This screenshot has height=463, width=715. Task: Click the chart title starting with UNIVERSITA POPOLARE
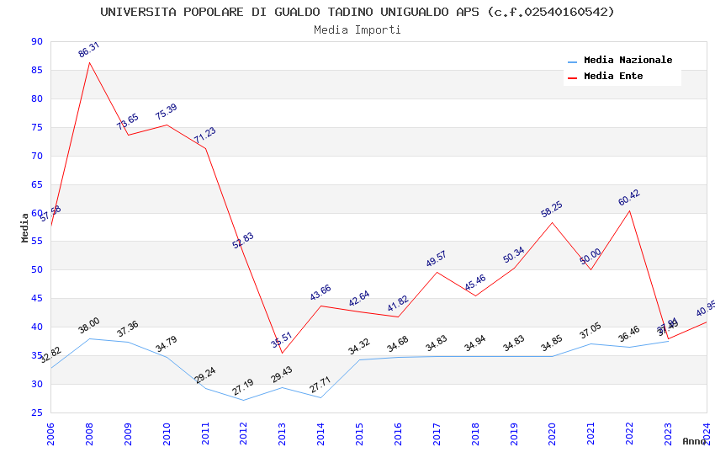click(357, 12)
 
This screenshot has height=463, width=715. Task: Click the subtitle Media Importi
click(357, 29)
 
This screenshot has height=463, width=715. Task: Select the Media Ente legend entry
click(613, 77)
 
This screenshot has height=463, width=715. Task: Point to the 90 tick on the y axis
click(35, 42)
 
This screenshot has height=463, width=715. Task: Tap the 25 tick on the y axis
click(35, 412)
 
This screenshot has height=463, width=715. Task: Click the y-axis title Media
click(25, 227)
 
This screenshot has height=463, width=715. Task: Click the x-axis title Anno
click(694, 441)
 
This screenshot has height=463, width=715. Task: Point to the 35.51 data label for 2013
click(282, 340)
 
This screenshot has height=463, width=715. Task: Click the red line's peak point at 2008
click(89, 62)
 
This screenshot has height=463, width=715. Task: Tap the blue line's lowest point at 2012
click(243, 400)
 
